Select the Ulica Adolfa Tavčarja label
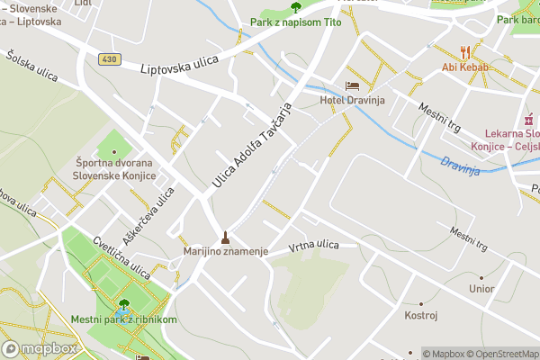tap(253, 145)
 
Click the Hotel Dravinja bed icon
tap(353, 85)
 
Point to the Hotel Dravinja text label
tap(353, 100)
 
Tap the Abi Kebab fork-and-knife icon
tap(465, 51)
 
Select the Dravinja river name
tap(462, 166)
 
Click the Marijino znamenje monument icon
tap(226, 238)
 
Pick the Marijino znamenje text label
tap(227, 252)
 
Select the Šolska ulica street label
tap(31, 67)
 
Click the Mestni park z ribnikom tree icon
tap(124, 305)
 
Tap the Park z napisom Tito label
tap(295, 22)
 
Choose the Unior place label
tap(481, 289)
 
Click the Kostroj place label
tap(420, 316)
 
